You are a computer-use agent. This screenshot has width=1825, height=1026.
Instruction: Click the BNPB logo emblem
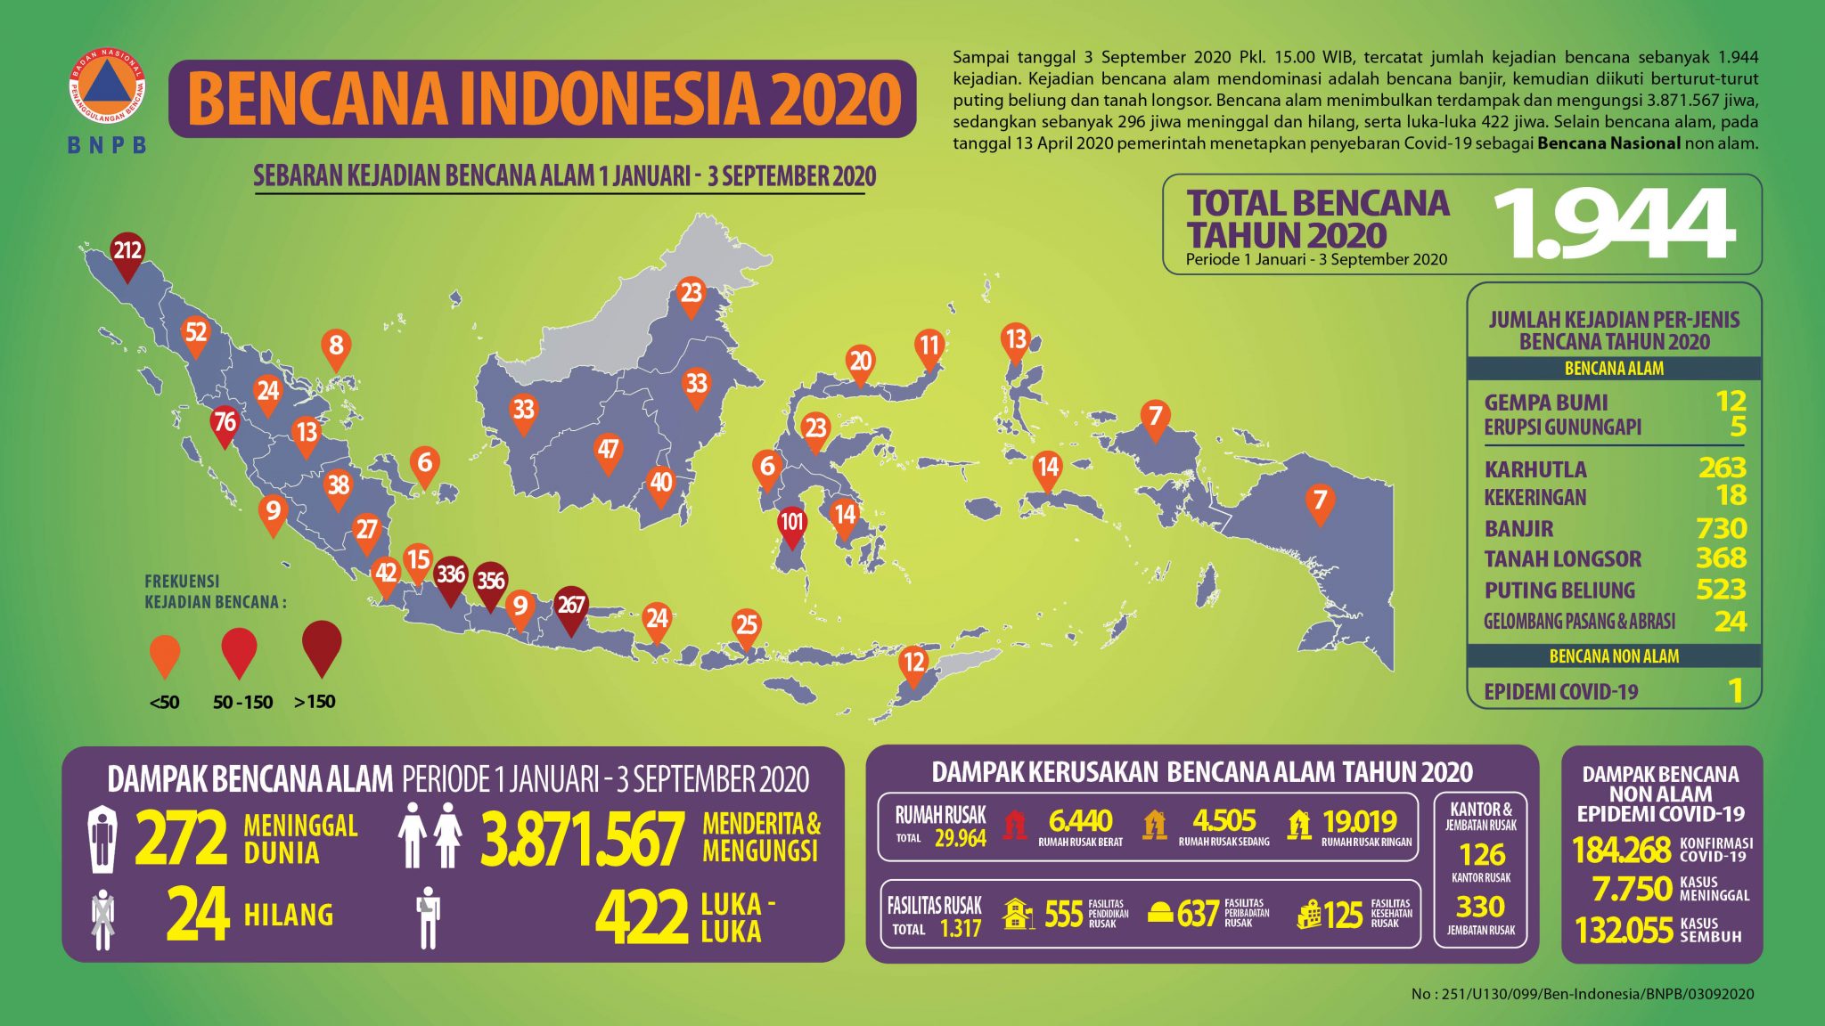coord(107,86)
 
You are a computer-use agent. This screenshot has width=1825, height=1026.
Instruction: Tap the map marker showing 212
coord(127,252)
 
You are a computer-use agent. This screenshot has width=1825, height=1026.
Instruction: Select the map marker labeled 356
coord(490,582)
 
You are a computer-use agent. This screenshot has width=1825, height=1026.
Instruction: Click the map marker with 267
coord(571,607)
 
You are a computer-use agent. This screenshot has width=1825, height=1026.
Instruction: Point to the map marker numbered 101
coord(791,523)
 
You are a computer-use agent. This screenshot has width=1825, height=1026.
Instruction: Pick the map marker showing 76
coord(225,423)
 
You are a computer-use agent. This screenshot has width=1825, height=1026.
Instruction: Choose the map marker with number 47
coord(608,451)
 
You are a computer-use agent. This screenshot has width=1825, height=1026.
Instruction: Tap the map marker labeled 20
coord(860,362)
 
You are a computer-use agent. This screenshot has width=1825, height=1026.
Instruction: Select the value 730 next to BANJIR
coord(1721,529)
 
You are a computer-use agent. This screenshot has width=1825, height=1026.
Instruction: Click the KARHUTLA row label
coord(1534,469)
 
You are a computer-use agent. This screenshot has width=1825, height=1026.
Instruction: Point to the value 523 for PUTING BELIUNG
coord(1721,590)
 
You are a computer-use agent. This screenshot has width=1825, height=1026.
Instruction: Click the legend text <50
coord(165,703)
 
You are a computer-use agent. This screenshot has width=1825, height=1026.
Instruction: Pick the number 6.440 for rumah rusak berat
coord(1080,820)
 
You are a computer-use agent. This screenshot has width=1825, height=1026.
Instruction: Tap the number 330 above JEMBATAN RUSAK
coord(1480,907)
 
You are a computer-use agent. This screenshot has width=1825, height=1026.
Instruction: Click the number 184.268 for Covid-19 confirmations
coord(1621,851)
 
